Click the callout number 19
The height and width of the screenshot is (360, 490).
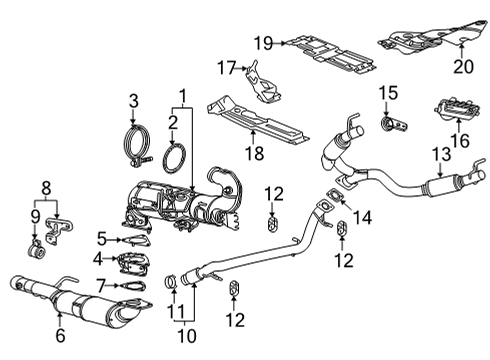tap(263, 42)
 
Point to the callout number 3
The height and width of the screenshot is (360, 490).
tap(132, 99)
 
